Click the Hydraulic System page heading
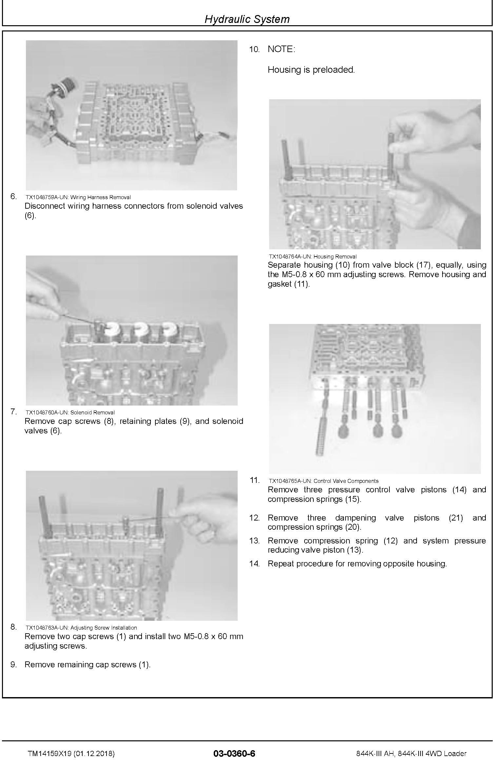[247, 19]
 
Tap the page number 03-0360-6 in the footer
[234, 753]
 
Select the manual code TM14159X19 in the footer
[50, 753]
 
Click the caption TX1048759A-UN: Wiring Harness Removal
[78, 197]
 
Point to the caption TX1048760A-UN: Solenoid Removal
[70, 412]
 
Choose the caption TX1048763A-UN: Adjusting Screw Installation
[81, 628]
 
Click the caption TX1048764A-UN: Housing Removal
[313, 256]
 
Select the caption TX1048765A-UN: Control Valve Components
[324, 481]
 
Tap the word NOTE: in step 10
[281, 49]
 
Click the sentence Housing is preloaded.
[311, 70]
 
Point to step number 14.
[254, 564]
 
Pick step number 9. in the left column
[13, 665]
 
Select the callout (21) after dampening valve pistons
[456, 518]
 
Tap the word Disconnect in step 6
[45, 206]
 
